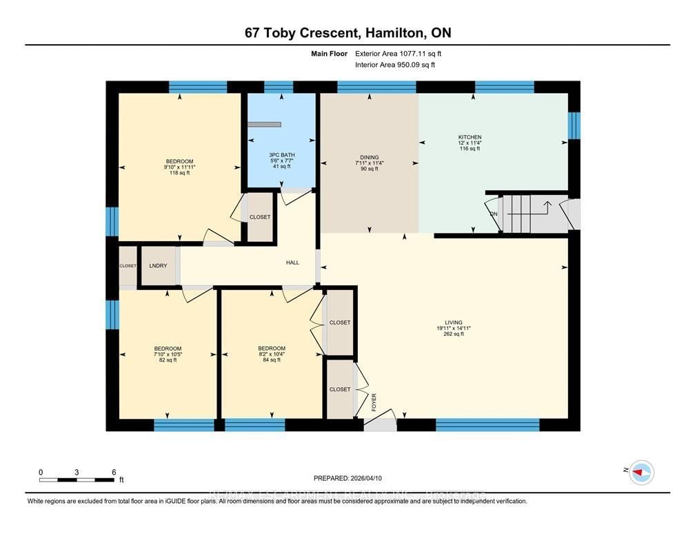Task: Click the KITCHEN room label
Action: (x=470, y=137)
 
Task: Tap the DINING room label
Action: (x=369, y=158)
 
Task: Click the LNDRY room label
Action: (x=159, y=266)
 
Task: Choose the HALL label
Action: (x=293, y=262)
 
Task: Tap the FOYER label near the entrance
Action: (x=374, y=402)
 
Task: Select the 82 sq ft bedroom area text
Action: (x=168, y=360)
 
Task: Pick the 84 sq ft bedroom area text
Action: (x=271, y=360)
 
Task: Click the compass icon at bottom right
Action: (x=642, y=472)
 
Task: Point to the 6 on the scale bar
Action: (x=113, y=472)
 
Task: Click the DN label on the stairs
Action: (x=493, y=214)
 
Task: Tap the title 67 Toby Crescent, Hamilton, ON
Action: (x=347, y=33)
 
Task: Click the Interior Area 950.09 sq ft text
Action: (x=395, y=65)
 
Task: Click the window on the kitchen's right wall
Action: (x=574, y=125)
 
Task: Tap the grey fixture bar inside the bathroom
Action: (x=266, y=125)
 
